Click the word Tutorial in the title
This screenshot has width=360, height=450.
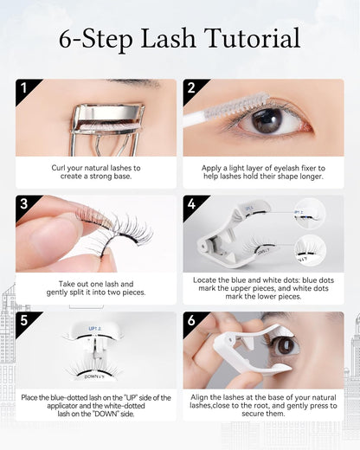pyautogui.click(x=252, y=39)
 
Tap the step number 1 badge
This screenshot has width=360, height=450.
pyautogui.click(x=25, y=88)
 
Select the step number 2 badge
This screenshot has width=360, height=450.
pyautogui.click(x=192, y=88)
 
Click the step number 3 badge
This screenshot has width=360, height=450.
pyautogui.click(x=25, y=204)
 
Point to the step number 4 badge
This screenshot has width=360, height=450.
pyautogui.click(x=192, y=204)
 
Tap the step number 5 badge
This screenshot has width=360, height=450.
pyautogui.click(x=25, y=321)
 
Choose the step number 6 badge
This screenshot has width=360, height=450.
pyautogui.click(x=192, y=321)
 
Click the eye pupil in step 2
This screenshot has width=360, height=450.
pyautogui.click(x=268, y=121)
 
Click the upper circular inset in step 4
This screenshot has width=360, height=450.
pyautogui.click(x=309, y=213)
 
